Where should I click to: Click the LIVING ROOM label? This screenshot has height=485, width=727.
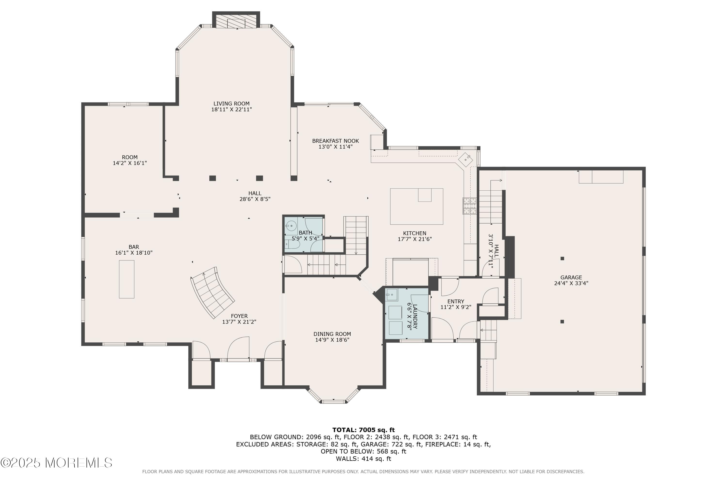(x=231, y=104)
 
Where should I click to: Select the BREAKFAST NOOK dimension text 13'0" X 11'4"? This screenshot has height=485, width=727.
(x=335, y=147)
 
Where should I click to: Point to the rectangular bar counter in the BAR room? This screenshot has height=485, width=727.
(x=127, y=279)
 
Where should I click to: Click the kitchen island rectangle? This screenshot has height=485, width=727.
(x=416, y=206)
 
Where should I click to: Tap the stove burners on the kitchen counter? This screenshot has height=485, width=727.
(x=469, y=206)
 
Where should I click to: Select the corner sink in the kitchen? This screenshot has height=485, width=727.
(x=466, y=160)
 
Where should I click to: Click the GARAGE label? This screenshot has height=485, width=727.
(x=571, y=277)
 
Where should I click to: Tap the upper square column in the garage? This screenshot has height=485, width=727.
(x=562, y=258)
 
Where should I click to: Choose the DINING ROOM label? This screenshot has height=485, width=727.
(x=332, y=334)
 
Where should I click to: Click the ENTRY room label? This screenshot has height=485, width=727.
(x=456, y=301)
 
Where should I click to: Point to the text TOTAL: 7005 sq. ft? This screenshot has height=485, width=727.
(x=363, y=430)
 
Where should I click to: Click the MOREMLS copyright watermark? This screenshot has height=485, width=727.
(x=56, y=463)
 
